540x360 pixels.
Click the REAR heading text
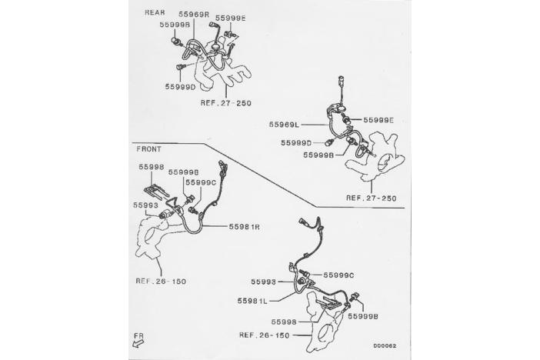pyautogui.click(x=155, y=12)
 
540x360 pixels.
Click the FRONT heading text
pyautogui.click(x=148, y=149)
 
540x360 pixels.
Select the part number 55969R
pyautogui.click(x=194, y=14)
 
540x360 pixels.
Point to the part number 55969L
pyautogui.click(x=284, y=125)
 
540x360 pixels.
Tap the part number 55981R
pyautogui.click(x=244, y=227)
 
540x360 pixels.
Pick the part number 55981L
pyautogui.click(x=252, y=301)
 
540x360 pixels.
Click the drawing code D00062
pyautogui.click(x=385, y=345)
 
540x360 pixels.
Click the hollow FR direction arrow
pyautogui.click(x=138, y=343)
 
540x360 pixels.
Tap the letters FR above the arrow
pyautogui.click(x=138, y=335)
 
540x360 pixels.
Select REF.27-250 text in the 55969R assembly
pyautogui.click(x=226, y=102)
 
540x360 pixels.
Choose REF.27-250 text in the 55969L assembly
pyautogui.click(x=372, y=198)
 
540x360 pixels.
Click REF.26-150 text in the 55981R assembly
pyautogui.click(x=161, y=281)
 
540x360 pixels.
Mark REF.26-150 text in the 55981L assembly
pyautogui.click(x=264, y=335)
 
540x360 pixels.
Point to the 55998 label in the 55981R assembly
pyautogui.click(x=152, y=167)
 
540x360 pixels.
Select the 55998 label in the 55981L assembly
pyautogui.click(x=284, y=322)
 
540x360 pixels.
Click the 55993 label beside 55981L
pyautogui.click(x=263, y=282)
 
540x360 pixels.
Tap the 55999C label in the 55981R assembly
pyautogui.click(x=201, y=182)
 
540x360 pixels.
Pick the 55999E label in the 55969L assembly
pyautogui.click(x=378, y=120)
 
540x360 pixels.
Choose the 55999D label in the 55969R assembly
pyautogui.click(x=180, y=87)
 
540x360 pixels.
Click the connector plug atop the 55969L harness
pyautogui.click(x=342, y=80)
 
